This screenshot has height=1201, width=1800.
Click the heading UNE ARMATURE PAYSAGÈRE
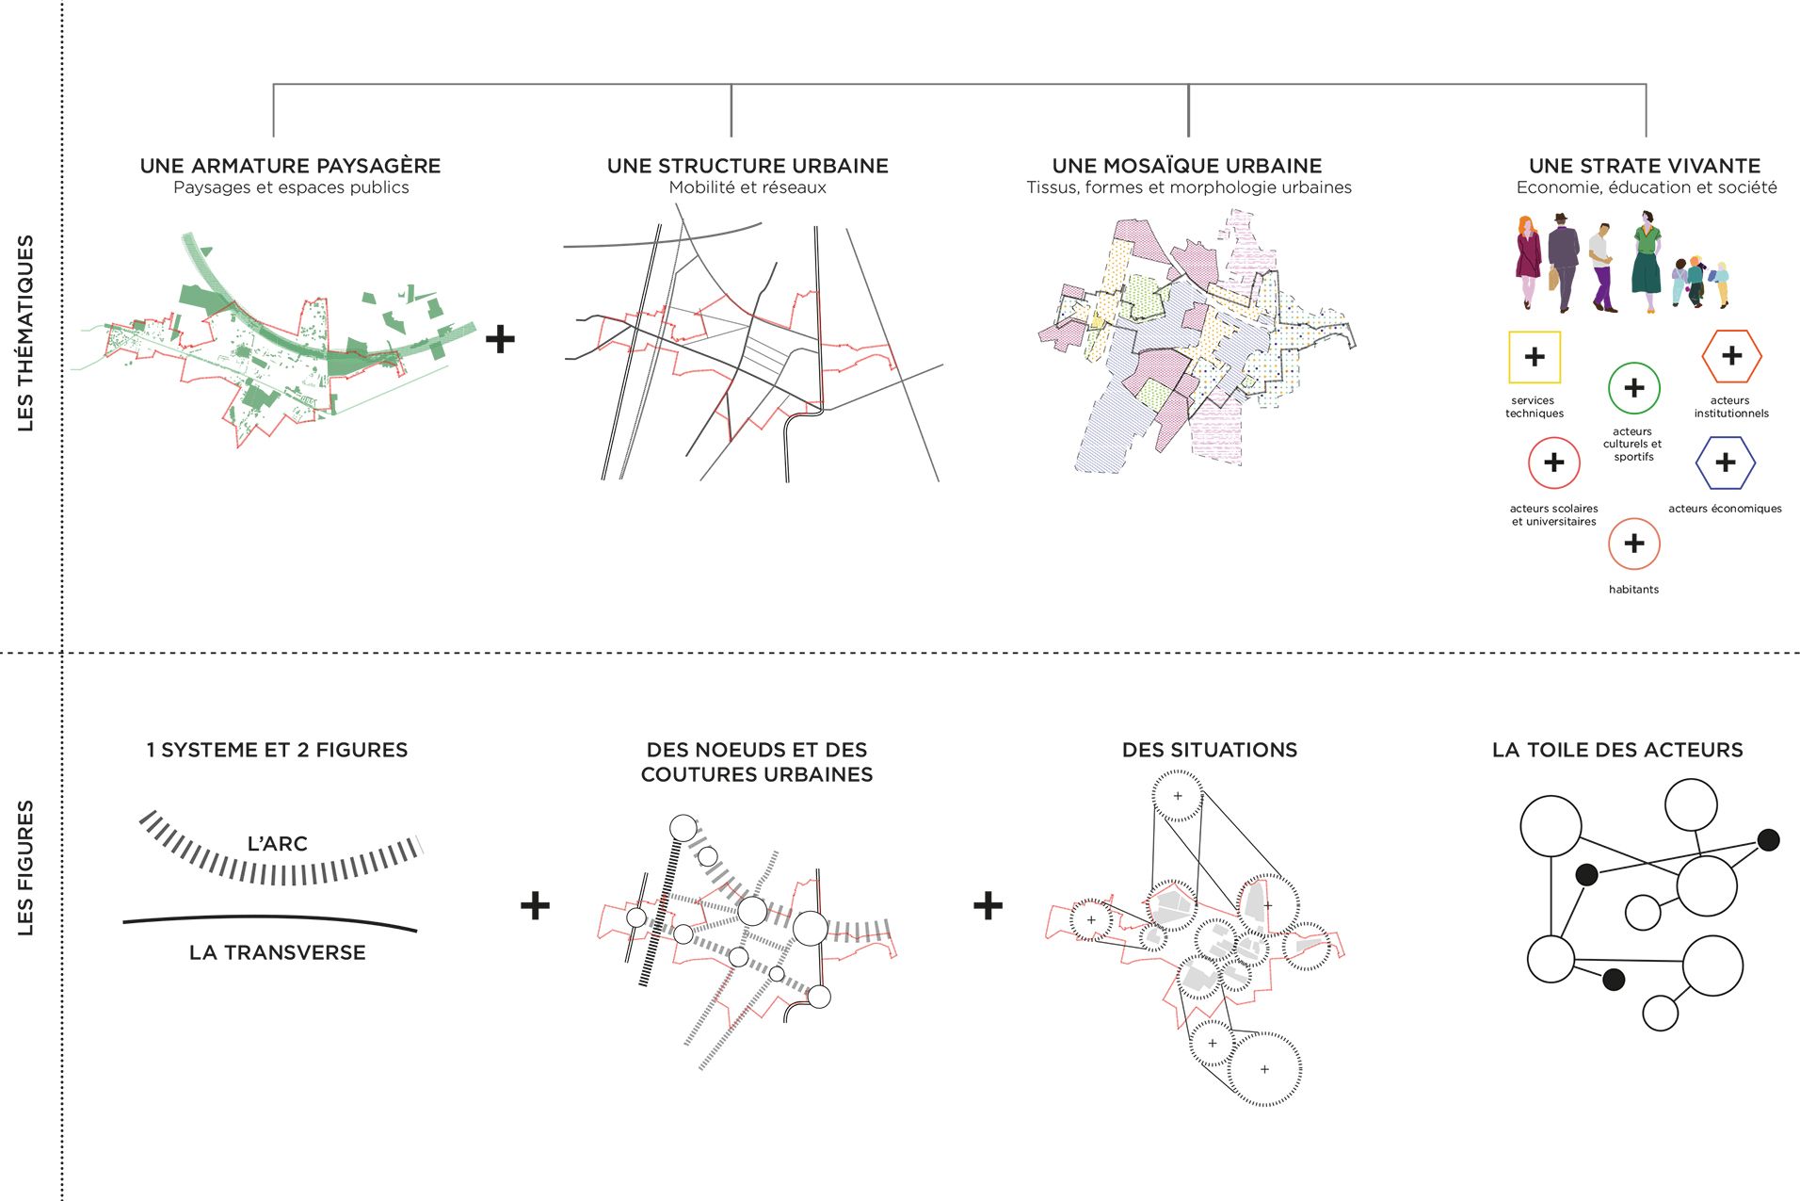290,166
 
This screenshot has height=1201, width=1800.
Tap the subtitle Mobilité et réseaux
747,187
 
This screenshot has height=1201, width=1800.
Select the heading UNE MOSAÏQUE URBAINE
1187,166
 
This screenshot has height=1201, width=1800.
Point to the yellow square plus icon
1535,357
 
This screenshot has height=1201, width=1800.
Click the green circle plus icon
1633,388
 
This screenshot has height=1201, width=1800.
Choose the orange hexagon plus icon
1731,356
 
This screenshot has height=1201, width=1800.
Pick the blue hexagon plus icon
1725,463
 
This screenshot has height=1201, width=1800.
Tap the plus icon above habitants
1633,544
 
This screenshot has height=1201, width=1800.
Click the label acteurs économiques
1725,509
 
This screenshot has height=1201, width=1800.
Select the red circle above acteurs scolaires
1553,463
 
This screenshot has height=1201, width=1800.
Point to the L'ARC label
278,844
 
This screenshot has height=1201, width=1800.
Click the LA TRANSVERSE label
278,952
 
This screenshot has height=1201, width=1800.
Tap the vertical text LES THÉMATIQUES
25,333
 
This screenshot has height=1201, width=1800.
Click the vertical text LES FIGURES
25,868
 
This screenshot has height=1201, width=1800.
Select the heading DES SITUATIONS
1210,750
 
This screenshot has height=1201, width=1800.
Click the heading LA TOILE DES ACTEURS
1617,750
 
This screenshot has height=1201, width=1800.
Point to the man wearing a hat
1563,261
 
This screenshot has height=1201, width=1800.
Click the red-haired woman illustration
1527,261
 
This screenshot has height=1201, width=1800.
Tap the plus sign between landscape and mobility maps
500,339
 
